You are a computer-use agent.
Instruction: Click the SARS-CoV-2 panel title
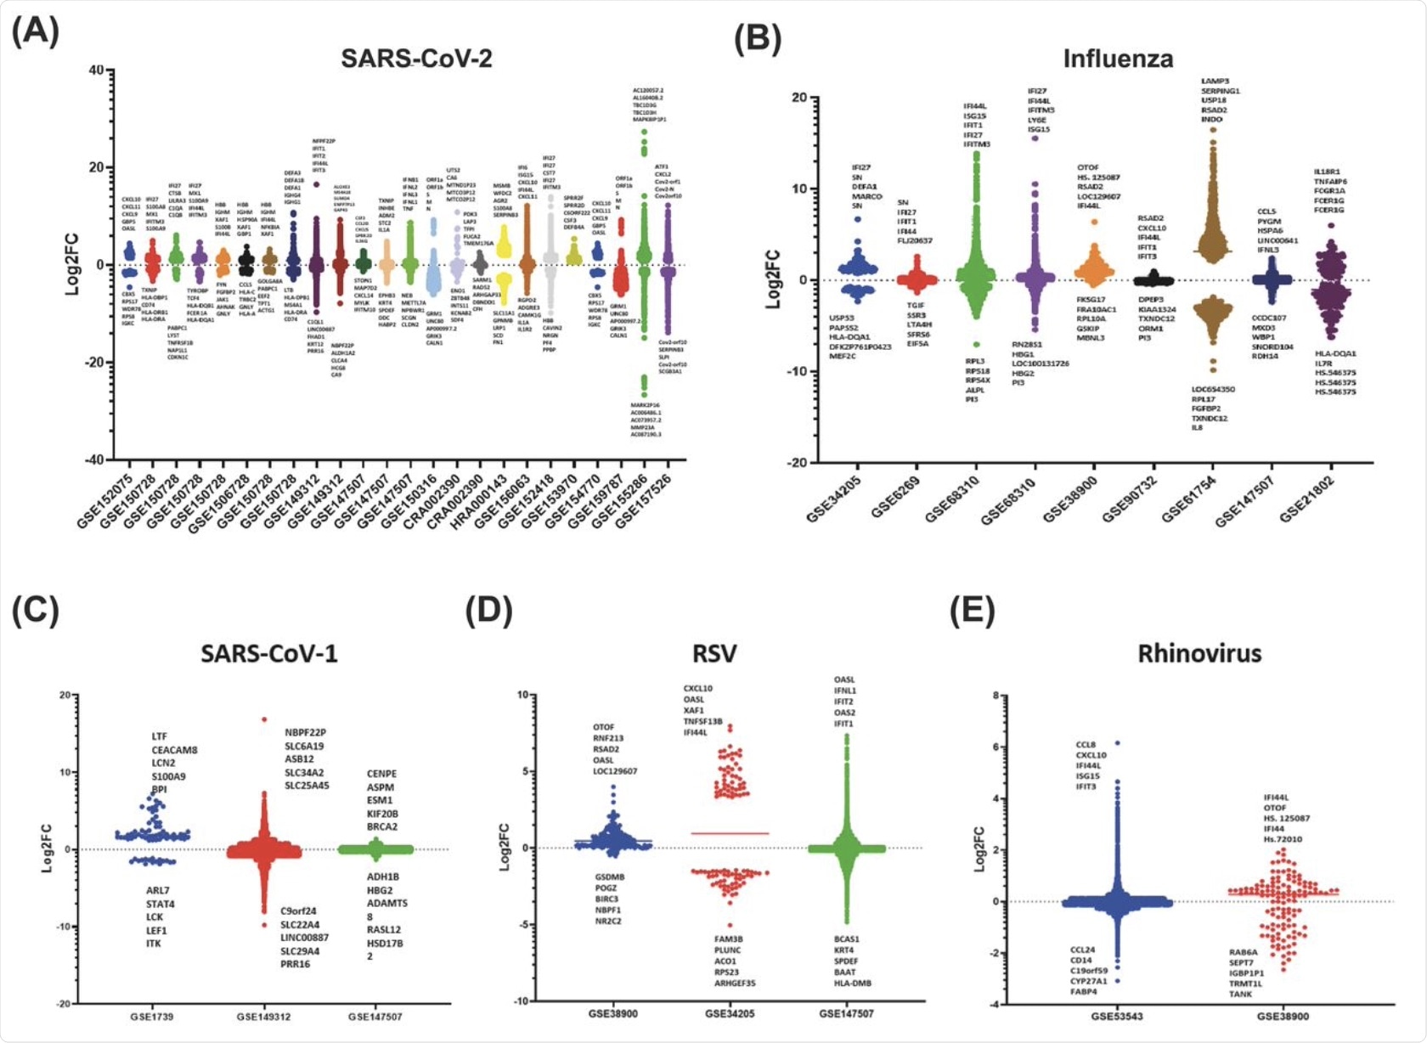click(x=416, y=58)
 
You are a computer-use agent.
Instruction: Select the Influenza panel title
click(x=1118, y=59)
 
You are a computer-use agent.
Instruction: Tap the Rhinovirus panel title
click(x=1199, y=653)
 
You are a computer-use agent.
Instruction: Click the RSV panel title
click(x=714, y=653)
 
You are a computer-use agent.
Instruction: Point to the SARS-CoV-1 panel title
click(x=268, y=653)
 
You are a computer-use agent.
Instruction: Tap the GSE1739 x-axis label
click(x=152, y=1017)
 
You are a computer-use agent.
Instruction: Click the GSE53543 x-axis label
click(x=1117, y=1017)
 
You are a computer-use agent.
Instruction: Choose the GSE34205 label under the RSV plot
click(x=730, y=1013)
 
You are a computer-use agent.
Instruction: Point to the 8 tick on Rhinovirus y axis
click(x=996, y=696)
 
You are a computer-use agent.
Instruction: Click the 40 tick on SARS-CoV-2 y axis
click(x=96, y=70)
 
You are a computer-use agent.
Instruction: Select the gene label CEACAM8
click(x=174, y=750)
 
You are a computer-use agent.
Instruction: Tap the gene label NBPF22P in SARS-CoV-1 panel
click(x=305, y=732)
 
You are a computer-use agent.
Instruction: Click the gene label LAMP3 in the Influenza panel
click(x=1215, y=82)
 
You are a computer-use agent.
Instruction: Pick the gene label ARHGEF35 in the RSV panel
click(x=735, y=984)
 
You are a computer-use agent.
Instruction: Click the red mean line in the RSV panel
click(x=730, y=833)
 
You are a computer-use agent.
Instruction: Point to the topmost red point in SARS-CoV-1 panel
click(x=264, y=719)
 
